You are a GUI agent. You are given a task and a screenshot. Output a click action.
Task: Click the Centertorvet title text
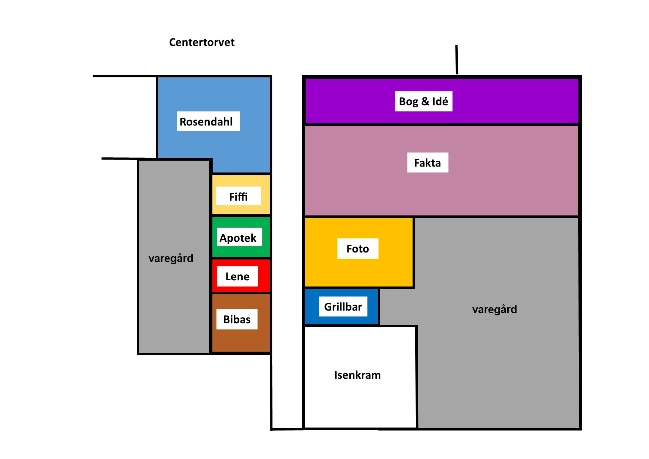[202, 42]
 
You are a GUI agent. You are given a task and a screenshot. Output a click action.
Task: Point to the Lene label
[238, 276]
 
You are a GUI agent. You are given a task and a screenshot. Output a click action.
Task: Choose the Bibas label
[237, 319]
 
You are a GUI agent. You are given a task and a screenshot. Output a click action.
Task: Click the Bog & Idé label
[424, 101]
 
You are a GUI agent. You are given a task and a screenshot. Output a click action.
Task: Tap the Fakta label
[428, 163]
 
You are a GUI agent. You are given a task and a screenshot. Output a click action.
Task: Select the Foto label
[358, 248]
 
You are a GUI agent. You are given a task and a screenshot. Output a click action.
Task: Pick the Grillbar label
[343, 306]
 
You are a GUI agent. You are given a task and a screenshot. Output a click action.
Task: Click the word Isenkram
[357, 375]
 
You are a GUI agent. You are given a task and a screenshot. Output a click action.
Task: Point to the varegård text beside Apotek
[171, 258]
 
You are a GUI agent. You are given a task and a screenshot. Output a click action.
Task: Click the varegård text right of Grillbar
[495, 309]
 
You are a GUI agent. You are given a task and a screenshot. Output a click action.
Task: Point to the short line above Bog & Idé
[457, 60]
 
